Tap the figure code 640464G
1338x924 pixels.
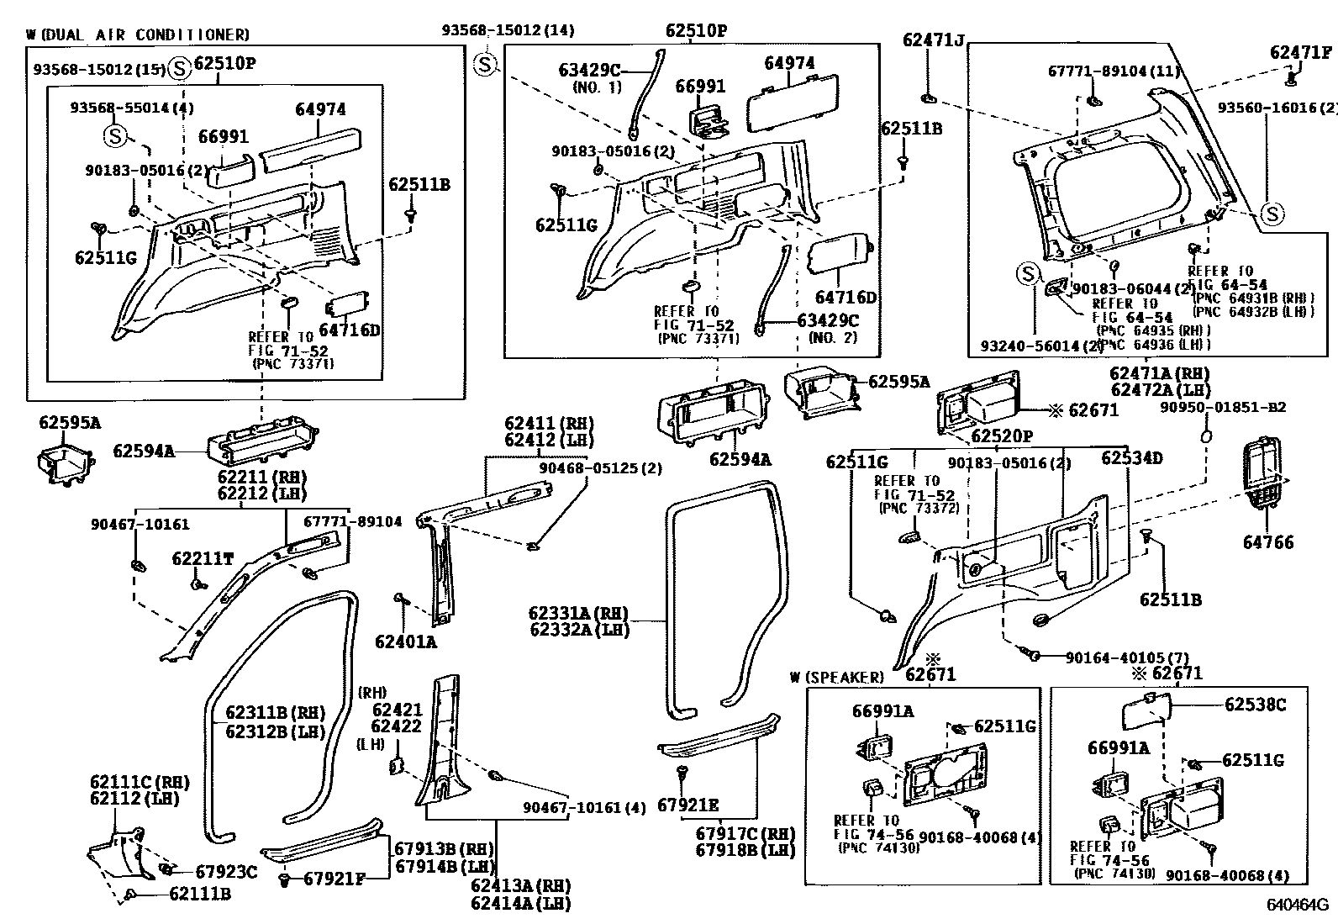point(1298,906)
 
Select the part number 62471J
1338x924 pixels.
point(934,39)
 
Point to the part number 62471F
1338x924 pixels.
point(1301,52)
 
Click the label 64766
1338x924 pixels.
point(1268,543)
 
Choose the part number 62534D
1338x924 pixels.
point(1131,458)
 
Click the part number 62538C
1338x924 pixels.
point(1255,705)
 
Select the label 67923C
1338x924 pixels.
point(226,873)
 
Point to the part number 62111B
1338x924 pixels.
point(200,894)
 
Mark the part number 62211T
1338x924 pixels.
point(203,558)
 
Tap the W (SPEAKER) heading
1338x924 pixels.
point(838,677)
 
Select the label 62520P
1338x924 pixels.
point(1003,436)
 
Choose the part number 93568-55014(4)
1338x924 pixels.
point(132,107)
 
